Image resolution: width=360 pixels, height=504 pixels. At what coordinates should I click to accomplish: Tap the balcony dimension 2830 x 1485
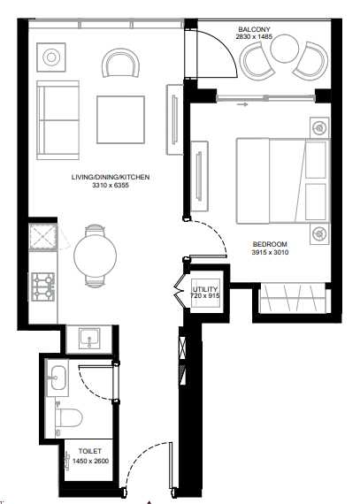(254, 36)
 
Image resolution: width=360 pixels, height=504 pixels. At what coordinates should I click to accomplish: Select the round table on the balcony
(285, 49)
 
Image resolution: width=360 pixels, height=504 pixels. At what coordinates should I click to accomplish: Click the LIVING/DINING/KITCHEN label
(111, 177)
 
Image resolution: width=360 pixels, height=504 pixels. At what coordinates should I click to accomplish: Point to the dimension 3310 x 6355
(111, 185)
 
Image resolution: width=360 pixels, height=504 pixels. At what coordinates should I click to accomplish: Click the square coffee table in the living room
(120, 119)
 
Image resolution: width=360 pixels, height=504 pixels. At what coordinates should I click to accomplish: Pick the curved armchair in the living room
(121, 63)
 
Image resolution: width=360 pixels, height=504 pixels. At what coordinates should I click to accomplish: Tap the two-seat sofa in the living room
(57, 120)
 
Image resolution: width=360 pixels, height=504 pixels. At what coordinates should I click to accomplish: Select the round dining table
(96, 256)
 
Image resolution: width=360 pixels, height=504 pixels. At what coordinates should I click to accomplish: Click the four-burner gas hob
(43, 286)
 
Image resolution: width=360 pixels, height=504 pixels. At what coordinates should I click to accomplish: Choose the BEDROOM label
(270, 244)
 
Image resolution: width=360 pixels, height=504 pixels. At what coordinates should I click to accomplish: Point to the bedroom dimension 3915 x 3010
(270, 252)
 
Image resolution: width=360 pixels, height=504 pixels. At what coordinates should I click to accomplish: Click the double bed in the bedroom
(284, 180)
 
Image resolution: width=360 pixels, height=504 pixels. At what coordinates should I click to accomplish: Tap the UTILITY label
(205, 289)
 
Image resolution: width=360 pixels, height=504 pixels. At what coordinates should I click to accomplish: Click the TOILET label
(90, 451)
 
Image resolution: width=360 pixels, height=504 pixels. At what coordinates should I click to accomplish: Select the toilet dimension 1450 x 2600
(90, 462)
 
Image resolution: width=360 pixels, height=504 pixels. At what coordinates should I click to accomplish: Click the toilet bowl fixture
(68, 418)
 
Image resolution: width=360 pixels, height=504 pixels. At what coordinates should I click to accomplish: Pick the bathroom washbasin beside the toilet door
(57, 378)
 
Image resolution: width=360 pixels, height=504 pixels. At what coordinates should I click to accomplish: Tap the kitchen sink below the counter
(89, 338)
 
